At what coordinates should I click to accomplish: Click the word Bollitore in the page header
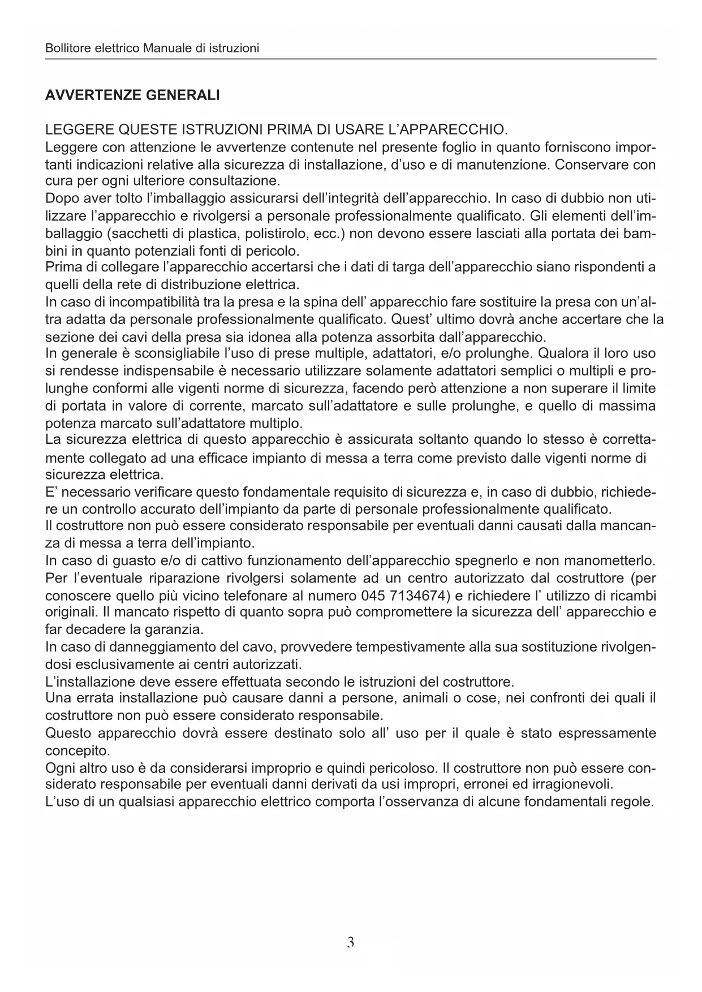[x=65, y=48]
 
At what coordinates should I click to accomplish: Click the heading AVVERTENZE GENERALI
[x=132, y=95]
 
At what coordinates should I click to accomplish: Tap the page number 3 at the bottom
[x=351, y=942]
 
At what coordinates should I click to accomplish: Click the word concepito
[x=77, y=751]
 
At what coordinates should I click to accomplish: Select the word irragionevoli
[x=570, y=784]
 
